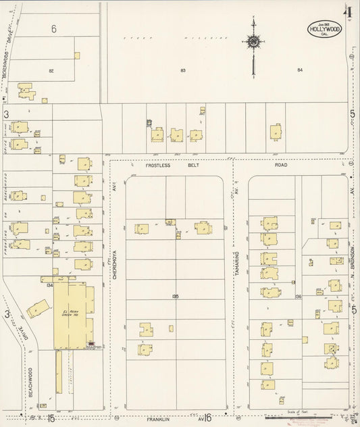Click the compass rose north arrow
pos(253,43)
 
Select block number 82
pos(51,70)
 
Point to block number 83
pos(183,70)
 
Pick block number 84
pos(300,70)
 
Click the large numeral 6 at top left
pos(53,28)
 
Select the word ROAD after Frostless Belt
pos(281,164)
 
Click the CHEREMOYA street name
pos(115,263)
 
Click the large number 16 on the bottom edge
pos(207,418)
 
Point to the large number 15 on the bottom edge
pos(51,418)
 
